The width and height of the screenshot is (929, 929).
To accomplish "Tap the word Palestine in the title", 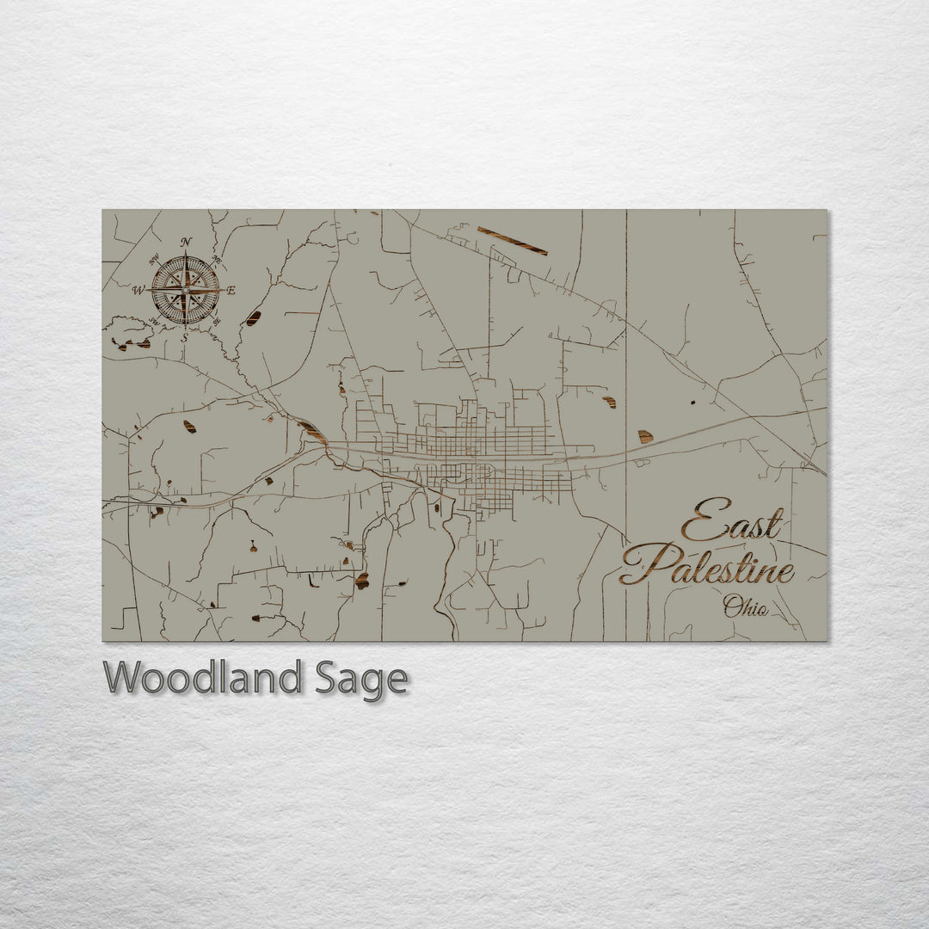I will (707, 564).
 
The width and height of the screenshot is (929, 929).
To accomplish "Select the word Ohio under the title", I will (745, 606).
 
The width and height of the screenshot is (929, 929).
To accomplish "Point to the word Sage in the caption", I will (359, 680).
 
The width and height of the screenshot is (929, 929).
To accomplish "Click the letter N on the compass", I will (186, 242).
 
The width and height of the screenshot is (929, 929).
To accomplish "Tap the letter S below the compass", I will (184, 337).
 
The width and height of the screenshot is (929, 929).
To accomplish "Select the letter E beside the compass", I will (231, 291).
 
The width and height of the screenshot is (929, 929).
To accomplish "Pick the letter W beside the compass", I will (138, 291).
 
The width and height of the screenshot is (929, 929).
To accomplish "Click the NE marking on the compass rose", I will (216, 260).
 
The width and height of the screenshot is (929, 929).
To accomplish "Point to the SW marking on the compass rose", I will (155, 321).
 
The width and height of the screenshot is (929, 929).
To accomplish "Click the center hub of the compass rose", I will (185, 291).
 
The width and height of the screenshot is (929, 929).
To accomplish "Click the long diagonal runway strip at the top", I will (513, 241).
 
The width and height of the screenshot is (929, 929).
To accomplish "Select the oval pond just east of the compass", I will (252, 318).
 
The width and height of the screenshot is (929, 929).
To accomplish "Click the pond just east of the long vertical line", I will (644, 437).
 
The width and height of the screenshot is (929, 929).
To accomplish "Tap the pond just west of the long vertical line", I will (610, 402).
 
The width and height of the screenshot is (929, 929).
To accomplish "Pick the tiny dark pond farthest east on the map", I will (693, 402).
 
